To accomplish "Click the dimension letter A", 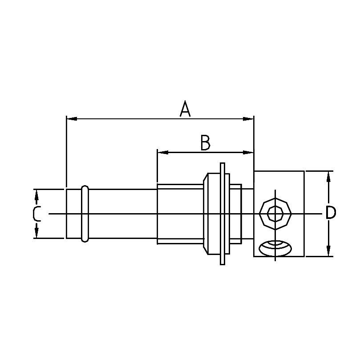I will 185,109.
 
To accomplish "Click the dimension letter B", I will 205,143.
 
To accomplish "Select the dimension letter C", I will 37,214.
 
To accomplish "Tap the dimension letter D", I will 330,214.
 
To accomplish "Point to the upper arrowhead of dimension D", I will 328,176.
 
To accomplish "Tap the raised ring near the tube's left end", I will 85,214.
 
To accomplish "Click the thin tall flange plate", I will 222,214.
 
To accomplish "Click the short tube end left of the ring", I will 73,214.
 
